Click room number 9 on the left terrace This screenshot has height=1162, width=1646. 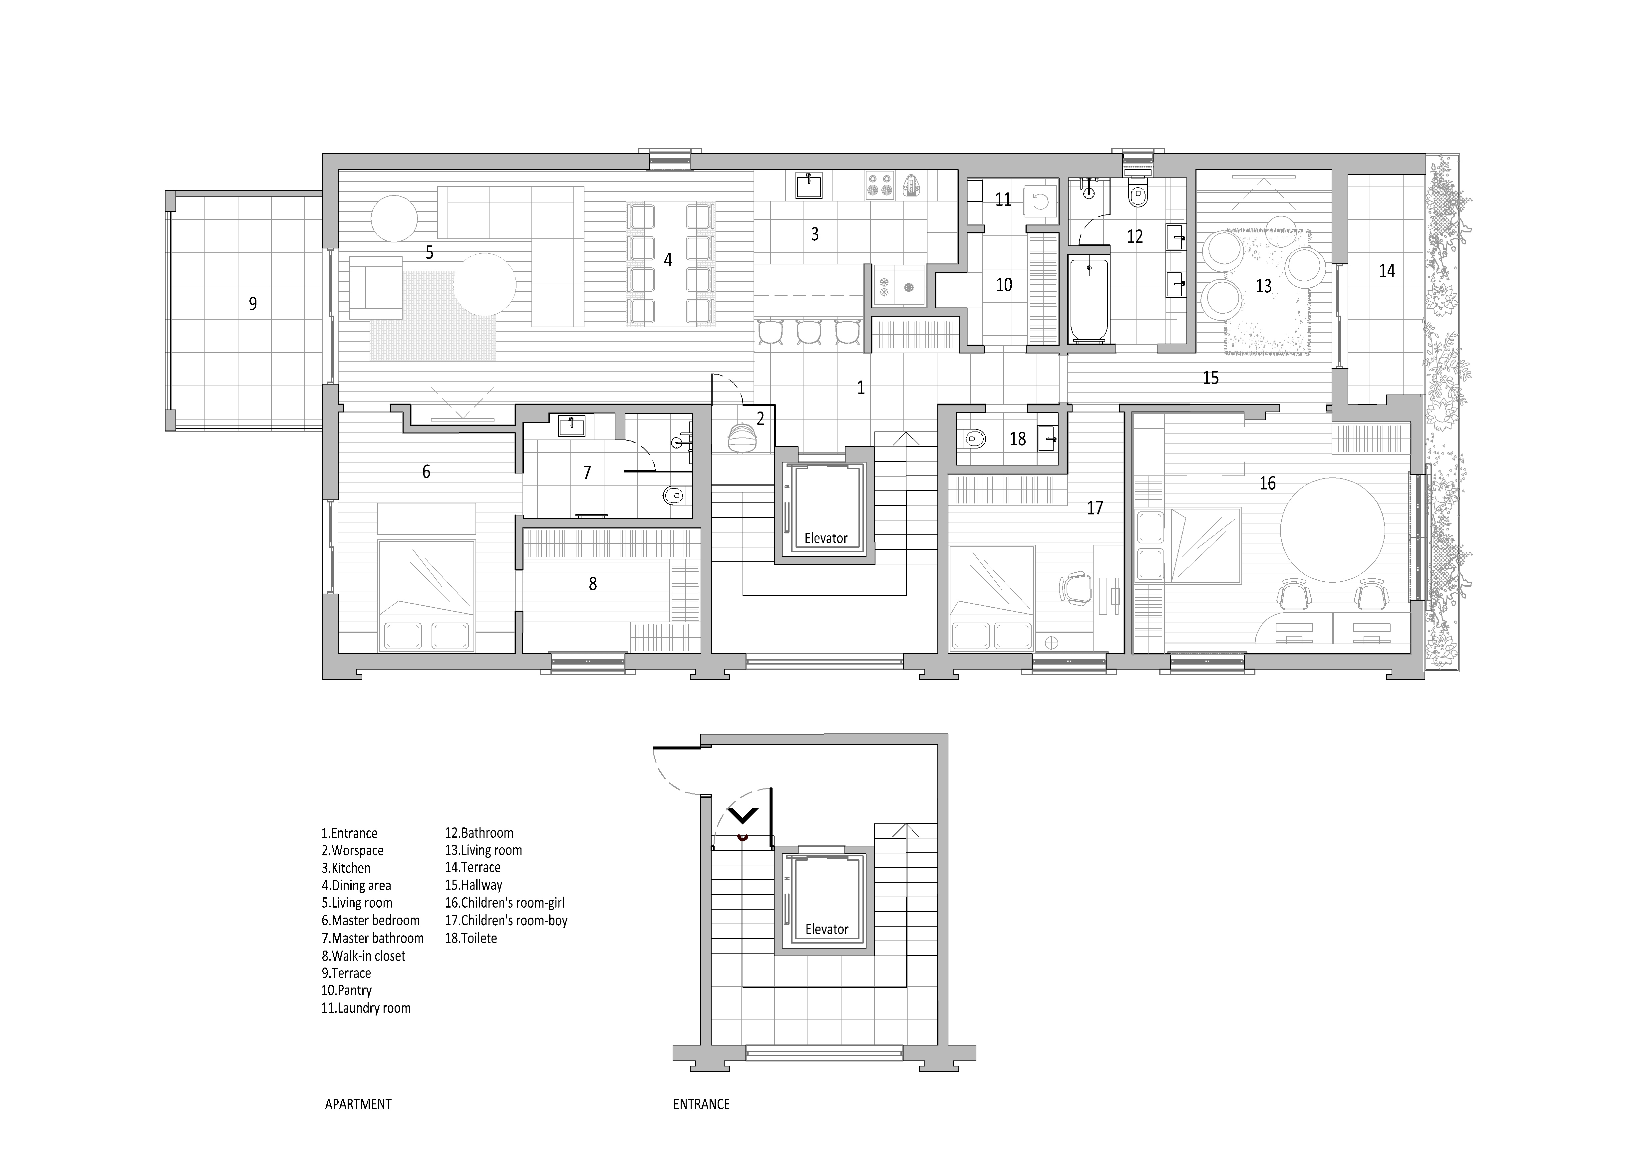click(x=252, y=304)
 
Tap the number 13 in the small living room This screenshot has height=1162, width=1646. click(x=1263, y=286)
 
